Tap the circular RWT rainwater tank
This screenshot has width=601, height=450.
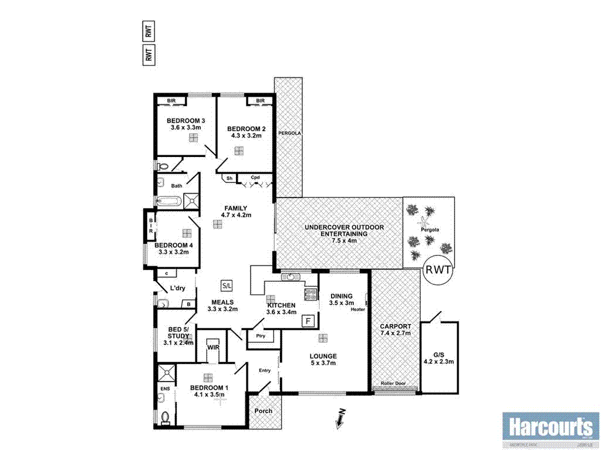[438, 270]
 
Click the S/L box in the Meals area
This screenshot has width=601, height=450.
[227, 285]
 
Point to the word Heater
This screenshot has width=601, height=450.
[358, 309]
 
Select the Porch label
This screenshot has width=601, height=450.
[264, 411]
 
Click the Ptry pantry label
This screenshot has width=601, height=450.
[261, 336]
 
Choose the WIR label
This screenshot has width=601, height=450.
[213, 347]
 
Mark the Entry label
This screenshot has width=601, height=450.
[265, 370]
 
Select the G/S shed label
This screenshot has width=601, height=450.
[438, 353]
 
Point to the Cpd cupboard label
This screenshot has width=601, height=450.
[255, 178]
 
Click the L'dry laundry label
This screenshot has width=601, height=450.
[177, 289]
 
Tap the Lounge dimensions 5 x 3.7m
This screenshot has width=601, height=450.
[323, 363]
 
